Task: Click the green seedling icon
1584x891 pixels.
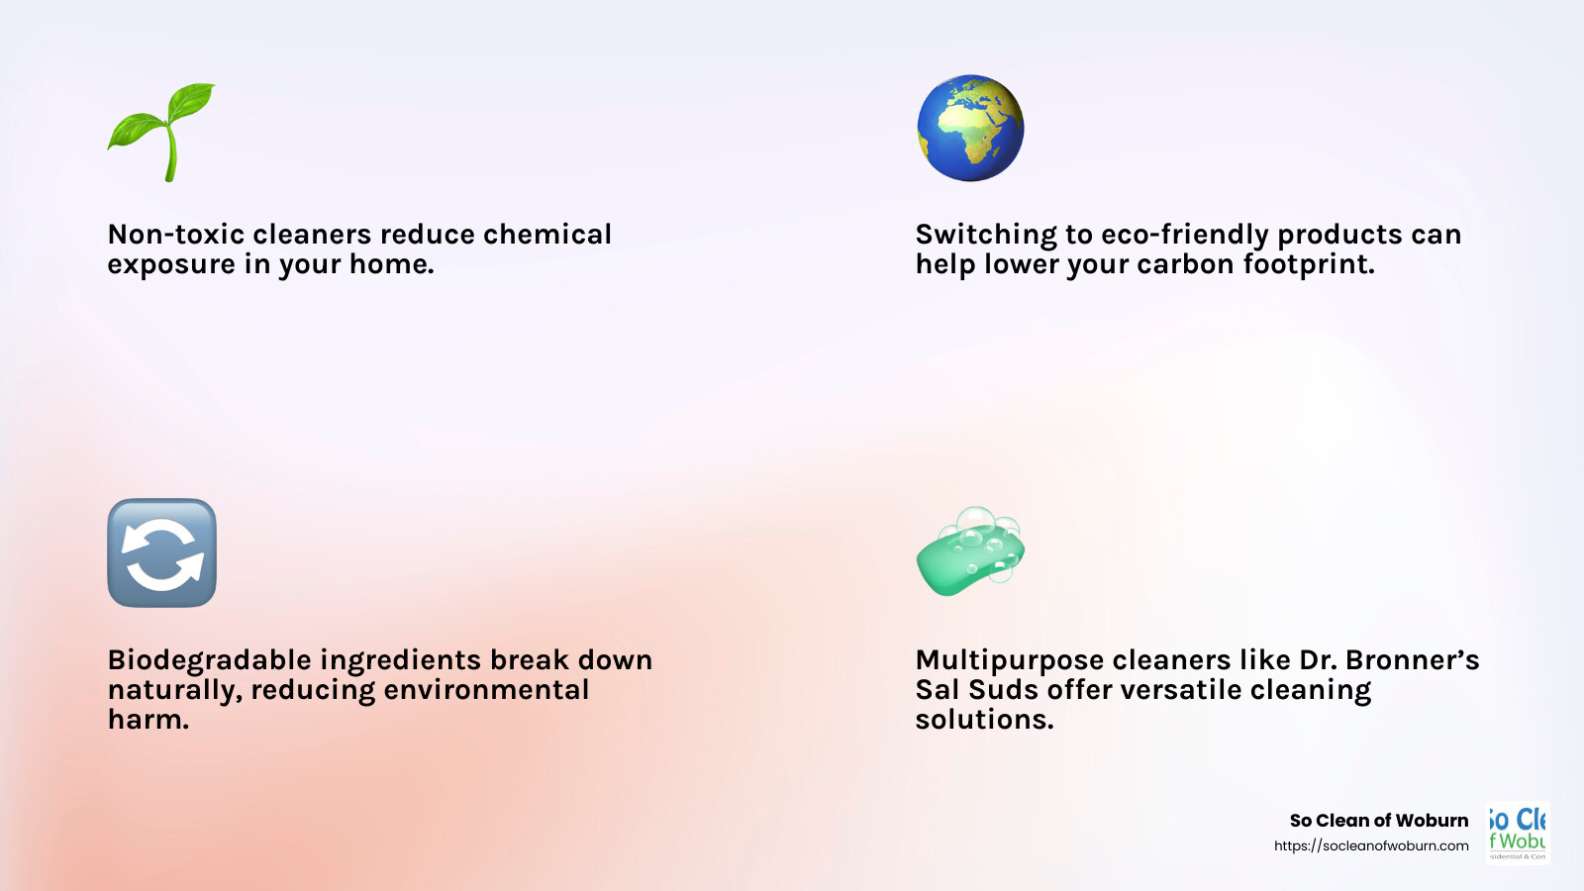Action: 161,131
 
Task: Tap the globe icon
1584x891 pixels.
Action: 970,128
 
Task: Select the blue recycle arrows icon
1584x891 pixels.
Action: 161,552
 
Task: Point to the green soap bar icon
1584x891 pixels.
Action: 970,552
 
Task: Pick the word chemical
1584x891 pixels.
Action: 547,235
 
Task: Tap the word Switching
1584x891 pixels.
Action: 986,236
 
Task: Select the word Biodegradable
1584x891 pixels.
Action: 209,661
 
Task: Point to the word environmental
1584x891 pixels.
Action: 486,690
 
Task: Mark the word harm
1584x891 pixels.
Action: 148,720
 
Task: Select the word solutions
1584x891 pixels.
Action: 984,720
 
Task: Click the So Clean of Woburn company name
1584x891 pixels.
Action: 1379,821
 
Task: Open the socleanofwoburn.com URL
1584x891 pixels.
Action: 1371,845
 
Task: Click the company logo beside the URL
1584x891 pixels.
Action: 1518,832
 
